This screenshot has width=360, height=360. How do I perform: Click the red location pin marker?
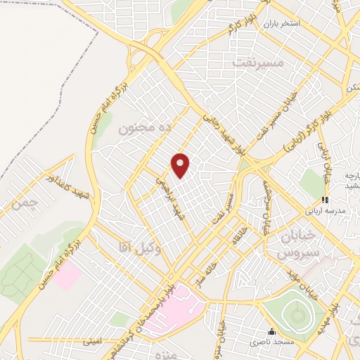point(181,166)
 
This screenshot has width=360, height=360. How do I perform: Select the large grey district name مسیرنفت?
point(259,64)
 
